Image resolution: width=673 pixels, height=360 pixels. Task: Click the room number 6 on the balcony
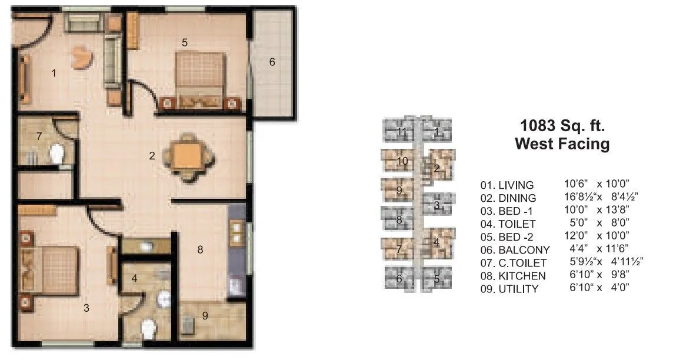272,62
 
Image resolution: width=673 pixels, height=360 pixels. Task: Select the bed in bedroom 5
201,76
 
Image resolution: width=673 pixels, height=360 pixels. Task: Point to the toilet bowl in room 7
56,155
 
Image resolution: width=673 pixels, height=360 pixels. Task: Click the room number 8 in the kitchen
200,250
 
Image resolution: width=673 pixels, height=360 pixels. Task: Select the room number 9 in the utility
205,316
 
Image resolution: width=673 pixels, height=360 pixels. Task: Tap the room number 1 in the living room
54,74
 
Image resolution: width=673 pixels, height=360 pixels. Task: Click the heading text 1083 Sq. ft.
562,125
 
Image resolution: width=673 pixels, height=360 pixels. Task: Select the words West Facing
562,144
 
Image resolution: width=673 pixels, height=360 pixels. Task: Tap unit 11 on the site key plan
401,131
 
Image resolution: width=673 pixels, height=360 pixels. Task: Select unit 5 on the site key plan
437,279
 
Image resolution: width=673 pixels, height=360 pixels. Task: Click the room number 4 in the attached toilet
135,278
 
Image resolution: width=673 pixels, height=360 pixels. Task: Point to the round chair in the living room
82,58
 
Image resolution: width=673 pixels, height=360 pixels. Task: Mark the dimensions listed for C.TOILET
603,263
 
